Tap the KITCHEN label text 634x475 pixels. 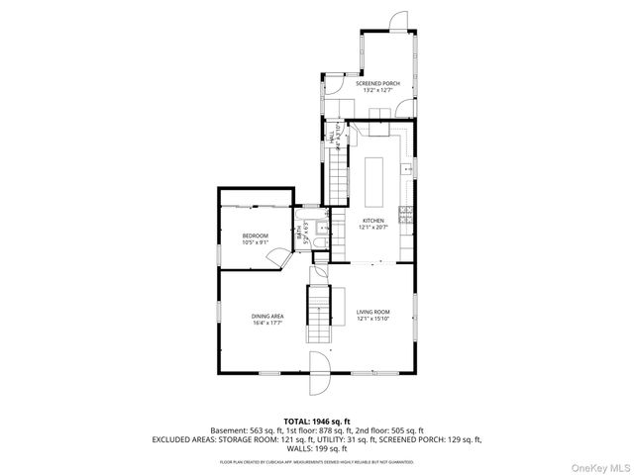click(372, 220)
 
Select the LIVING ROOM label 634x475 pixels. click(373, 313)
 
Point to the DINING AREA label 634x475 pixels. click(267, 316)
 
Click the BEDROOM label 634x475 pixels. click(256, 236)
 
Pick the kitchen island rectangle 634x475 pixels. click(376, 175)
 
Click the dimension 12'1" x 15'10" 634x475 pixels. click(373, 320)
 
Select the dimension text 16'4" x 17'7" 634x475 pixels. click(267, 323)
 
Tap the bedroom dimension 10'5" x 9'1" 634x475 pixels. click(256, 242)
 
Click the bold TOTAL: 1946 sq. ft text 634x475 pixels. click(317, 422)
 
